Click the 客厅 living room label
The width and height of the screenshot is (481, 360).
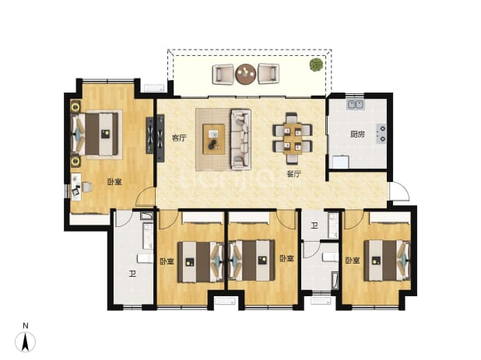coord(179,138)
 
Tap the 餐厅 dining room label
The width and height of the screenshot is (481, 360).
coord(294,174)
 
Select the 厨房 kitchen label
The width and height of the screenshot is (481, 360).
coord(357,135)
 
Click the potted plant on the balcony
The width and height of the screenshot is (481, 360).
coord(316,65)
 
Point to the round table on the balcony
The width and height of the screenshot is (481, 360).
coord(246,74)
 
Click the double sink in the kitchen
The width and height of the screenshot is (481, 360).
coord(356,104)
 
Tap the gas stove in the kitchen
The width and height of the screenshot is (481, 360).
coord(381,134)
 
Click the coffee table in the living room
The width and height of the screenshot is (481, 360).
coord(214,139)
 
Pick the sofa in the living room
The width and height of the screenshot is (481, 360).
coord(240,139)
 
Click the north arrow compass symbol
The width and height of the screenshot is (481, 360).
coord(26,341)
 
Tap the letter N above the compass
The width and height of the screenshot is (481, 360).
coord(26,326)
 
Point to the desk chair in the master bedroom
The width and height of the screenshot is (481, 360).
coord(87,187)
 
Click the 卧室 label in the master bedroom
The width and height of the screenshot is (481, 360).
coord(114,182)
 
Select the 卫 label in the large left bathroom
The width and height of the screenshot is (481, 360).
coord(132,274)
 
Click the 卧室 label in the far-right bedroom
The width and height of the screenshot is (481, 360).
coord(353,260)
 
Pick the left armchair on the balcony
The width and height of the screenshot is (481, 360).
coord(223,74)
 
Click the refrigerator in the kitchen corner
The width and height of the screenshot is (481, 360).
coord(341,162)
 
